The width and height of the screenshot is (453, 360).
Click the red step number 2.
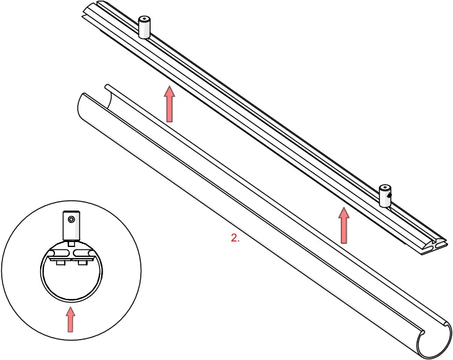point(235,238)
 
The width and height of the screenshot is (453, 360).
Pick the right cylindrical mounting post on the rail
point(385,196)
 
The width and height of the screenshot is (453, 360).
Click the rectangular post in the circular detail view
point(71,226)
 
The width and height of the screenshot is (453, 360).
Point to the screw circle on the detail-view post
point(72,219)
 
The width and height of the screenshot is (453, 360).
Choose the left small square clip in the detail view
point(60,263)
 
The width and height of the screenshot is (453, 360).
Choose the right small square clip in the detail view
point(83,263)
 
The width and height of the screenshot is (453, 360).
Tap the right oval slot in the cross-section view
point(83,253)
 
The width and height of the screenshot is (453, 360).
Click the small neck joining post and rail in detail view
point(71,243)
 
